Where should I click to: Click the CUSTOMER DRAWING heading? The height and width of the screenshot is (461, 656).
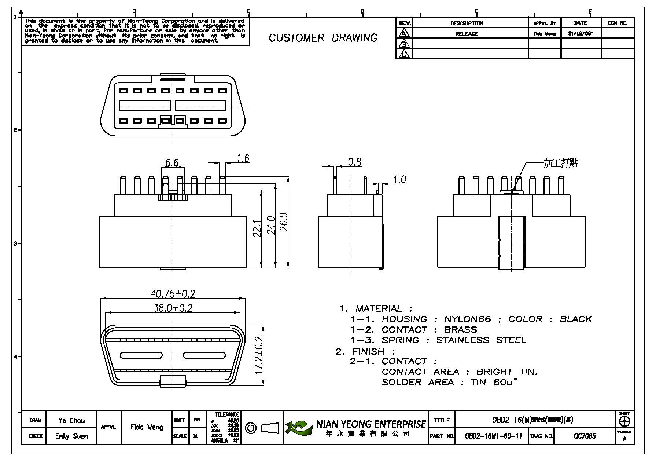[x=323, y=38]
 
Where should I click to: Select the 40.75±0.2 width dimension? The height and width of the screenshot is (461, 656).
[x=173, y=294]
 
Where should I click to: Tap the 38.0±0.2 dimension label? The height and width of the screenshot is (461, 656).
[x=173, y=308]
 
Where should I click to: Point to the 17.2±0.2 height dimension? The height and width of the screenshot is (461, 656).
[x=259, y=355]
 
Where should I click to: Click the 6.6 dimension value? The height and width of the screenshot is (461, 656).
[x=172, y=162]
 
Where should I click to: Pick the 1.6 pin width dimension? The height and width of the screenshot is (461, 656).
[x=243, y=158]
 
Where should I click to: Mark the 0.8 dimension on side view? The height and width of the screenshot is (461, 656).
[x=354, y=162]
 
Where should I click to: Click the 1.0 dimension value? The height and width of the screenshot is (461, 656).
[x=399, y=179]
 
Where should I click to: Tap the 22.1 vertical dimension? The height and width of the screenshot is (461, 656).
[x=257, y=228]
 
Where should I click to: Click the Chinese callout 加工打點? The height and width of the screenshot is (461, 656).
[x=560, y=163]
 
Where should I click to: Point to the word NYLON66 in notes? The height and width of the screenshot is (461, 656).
[x=467, y=319]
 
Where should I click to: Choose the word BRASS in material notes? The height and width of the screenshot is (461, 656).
[x=460, y=329]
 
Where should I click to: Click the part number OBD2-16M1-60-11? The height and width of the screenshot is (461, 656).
[x=493, y=436]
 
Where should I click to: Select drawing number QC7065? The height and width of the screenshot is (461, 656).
[x=585, y=436]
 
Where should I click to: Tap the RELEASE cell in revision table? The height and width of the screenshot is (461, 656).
[x=467, y=34]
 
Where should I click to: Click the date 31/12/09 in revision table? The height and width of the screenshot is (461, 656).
[x=580, y=34]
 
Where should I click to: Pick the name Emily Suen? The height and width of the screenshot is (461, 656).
[x=71, y=436]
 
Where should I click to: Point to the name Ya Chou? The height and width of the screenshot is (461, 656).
[x=71, y=420]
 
